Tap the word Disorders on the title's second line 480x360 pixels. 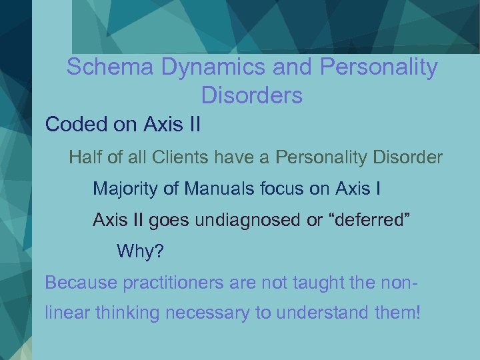(x=251, y=96)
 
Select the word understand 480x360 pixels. (x=319, y=312)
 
